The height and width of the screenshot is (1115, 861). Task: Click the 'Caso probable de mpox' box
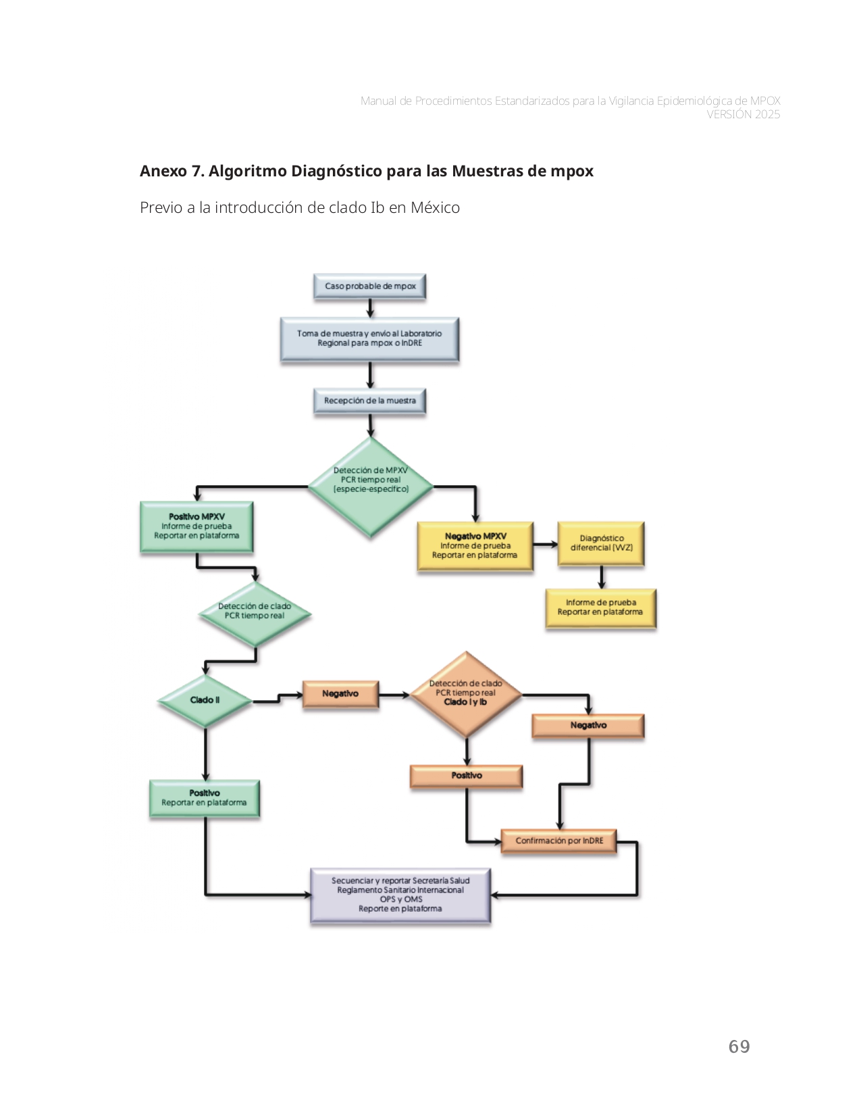click(x=369, y=286)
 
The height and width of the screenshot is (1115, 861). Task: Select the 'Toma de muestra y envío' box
click(x=369, y=339)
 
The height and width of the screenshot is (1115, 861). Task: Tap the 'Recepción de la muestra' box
click(x=369, y=401)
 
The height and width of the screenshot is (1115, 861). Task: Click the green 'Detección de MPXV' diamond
click(x=370, y=485)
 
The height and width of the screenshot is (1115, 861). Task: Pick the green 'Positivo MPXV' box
click(x=197, y=526)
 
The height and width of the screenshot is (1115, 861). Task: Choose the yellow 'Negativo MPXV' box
click(x=475, y=546)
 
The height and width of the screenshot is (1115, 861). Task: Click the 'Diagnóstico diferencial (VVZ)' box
click(x=601, y=543)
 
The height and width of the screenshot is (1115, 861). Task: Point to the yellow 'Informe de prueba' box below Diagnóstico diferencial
click(x=600, y=608)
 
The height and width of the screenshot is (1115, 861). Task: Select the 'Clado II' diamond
click(x=205, y=701)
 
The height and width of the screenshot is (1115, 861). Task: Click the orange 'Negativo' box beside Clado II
click(x=340, y=694)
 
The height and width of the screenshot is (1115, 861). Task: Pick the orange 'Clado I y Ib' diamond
click(x=465, y=695)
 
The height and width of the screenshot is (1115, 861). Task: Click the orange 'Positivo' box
click(x=467, y=776)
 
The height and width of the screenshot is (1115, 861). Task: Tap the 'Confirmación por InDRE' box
click(x=559, y=841)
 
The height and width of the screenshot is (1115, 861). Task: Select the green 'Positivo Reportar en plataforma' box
click(x=204, y=798)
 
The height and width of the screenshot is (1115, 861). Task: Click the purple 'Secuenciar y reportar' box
click(x=400, y=895)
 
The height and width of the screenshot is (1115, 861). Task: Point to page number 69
click(x=739, y=1047)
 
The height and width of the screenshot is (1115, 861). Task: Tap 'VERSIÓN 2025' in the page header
click(x=743, y=115)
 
